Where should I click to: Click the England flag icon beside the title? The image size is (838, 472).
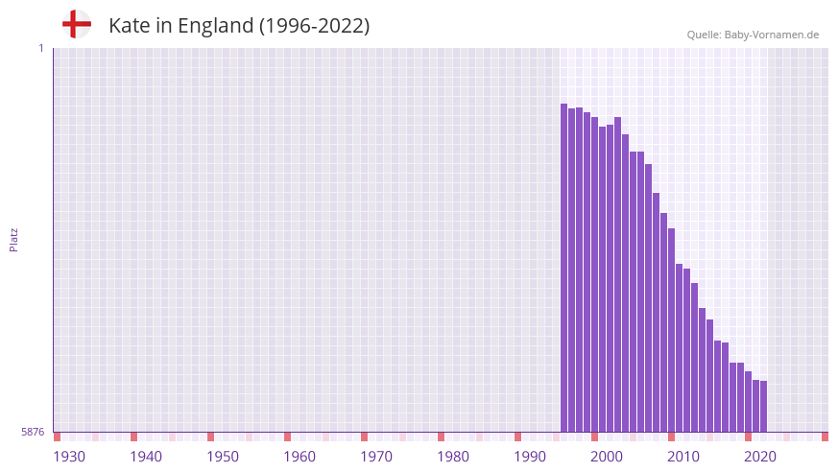point(76,25)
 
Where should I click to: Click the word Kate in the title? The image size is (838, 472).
point(129,26)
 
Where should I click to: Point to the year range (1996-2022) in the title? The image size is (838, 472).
point(314,26)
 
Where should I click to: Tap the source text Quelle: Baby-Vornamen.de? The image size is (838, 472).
point(753,35)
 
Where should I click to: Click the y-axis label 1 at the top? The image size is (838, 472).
point(40,48)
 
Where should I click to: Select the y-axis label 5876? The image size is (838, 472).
point(33,433)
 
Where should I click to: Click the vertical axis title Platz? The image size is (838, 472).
point(13,240)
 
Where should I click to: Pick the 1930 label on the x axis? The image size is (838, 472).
point(69,457)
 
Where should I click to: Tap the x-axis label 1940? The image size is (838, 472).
point(146,457)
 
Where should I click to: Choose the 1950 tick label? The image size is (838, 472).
point(223,457)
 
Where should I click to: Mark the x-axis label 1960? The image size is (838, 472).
point(299,457)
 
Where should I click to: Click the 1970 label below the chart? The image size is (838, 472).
point(376,457)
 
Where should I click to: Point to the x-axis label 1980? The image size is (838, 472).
point(453,457)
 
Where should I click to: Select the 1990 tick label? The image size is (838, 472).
point(530,457)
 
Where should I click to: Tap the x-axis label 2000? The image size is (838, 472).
point(607,457)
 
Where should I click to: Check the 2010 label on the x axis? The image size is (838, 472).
point(683,457)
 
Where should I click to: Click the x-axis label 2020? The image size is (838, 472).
point(760,457)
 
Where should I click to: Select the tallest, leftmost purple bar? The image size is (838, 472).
point(564,269)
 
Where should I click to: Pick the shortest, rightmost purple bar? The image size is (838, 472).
point(764,407)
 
